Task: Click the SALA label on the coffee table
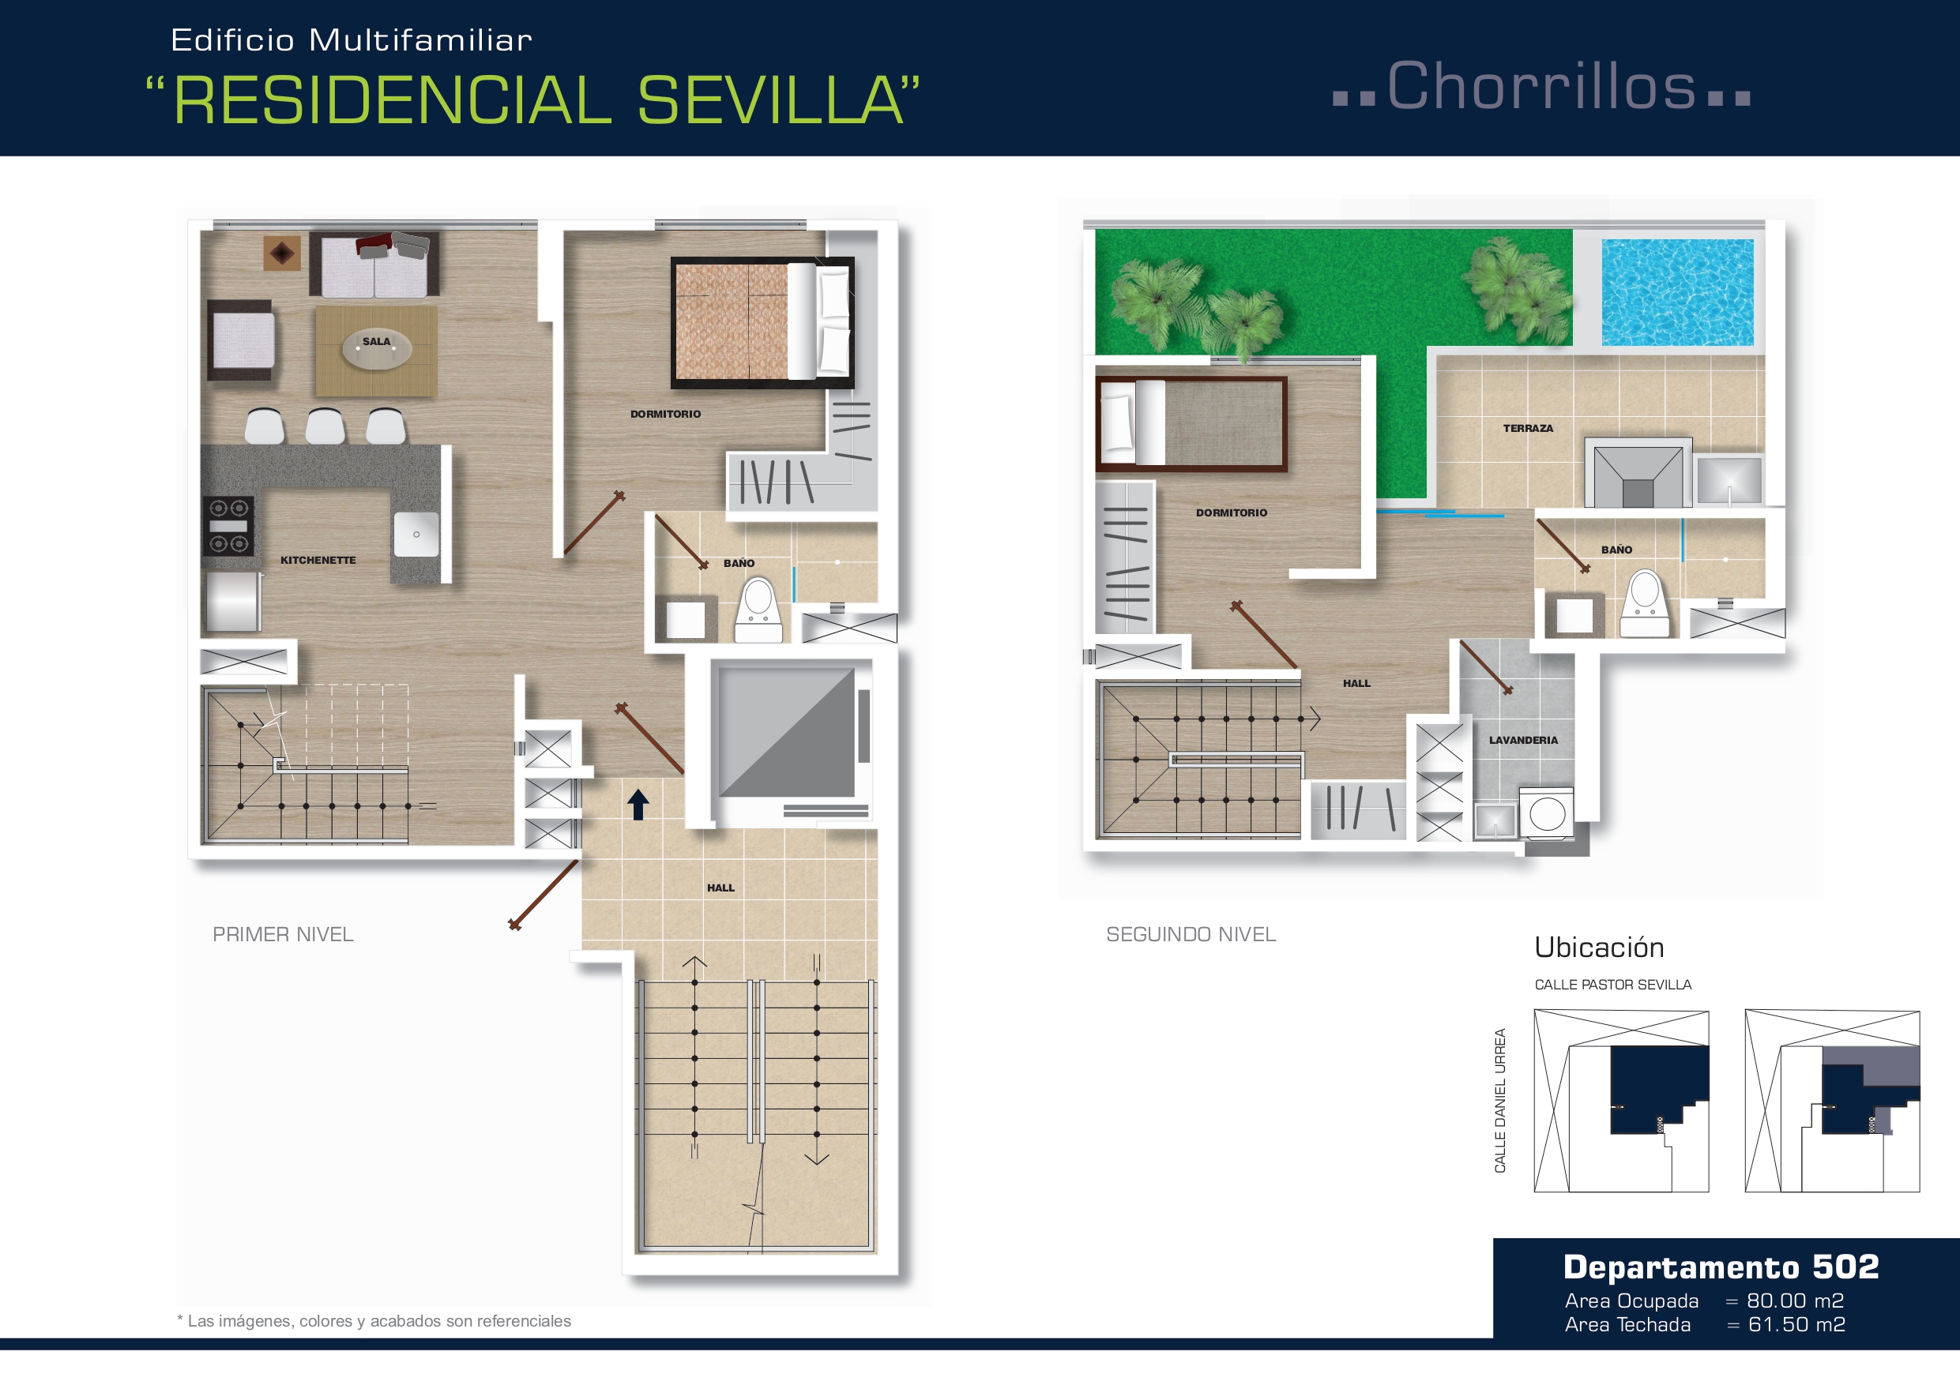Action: [x=377, y=341]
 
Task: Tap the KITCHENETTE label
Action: [x=318, y=561]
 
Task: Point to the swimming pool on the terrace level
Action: [x=1677, y=292]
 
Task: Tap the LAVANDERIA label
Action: [x=1524, y=740]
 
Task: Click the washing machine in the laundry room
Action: [x=1547, y=813]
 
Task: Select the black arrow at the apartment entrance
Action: [x=638, y=804]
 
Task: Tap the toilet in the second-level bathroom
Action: [x=1645, y=604]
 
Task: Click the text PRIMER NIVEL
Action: [x=283, y=934]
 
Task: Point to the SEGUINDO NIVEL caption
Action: [x=1191, y=934]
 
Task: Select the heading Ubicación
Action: [x=1599, y=948]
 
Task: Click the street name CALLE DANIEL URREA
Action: [x=1500, y=1101]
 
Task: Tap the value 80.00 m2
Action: [x=1795, y=1301]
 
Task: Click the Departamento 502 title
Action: [x=1721, y=1267]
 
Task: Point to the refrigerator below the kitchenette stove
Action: [x=232, y=602]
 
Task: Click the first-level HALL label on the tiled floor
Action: [x=720, y=888]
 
